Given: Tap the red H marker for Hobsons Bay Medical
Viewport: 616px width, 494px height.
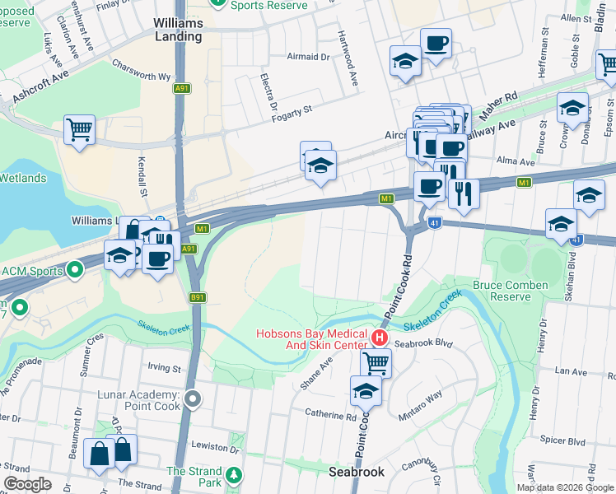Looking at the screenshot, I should (x=380, y=338).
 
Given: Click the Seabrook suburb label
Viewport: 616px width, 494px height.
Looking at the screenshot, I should (x=356, y=472).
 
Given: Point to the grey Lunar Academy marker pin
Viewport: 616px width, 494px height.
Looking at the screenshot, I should (x=193, y=399).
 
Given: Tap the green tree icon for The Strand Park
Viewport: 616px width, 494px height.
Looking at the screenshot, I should (x=234, y=476).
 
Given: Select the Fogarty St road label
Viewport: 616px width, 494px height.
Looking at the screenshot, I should (x=293, y=110).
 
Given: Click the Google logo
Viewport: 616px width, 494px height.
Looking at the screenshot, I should (x=28, y=484).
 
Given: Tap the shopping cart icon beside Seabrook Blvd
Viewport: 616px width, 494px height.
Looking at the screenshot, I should (x=376, y=361).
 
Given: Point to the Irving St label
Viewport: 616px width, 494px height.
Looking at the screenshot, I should (x=164, y=367).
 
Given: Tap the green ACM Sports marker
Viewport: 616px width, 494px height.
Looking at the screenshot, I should (x=75, y=269).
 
